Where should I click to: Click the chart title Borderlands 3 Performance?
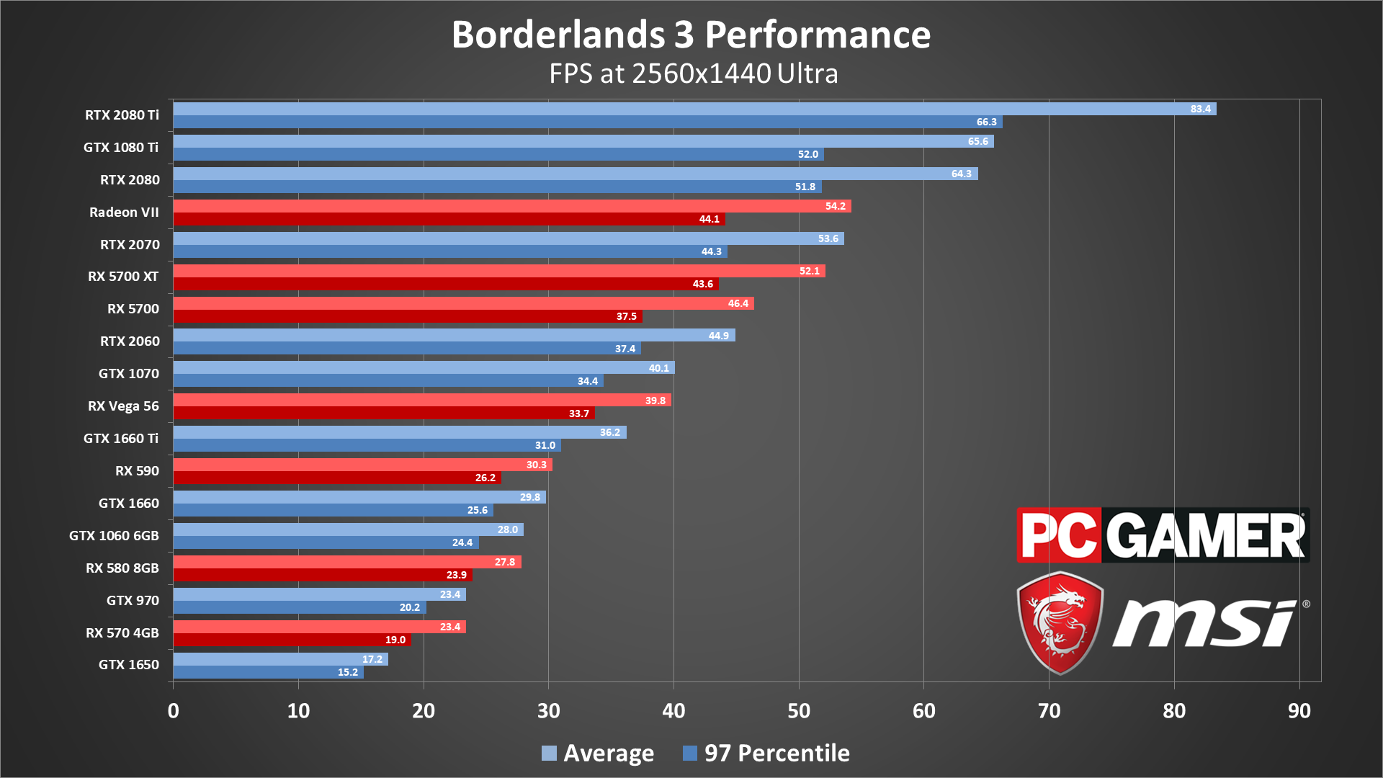point(691,35)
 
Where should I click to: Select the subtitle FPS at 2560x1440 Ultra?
point(693,73)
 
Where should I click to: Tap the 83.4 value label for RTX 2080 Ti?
point(1200,109)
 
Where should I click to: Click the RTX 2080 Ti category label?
point(122,115)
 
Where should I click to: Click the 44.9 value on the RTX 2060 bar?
point(718,336)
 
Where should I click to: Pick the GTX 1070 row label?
point(129,374)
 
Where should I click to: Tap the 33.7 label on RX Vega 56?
point(578,413)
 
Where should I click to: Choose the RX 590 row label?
point(137,471)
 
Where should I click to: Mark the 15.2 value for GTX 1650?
point(347,672)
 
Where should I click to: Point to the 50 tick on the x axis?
point(799,711)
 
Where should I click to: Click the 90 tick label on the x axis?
point(1299,711)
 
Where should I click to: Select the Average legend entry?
point(598,754)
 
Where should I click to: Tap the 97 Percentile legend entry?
point(766,754)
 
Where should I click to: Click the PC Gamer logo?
point(1163,535)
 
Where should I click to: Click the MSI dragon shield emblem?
point(1060,623)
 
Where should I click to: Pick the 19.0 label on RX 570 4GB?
point(395,640)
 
